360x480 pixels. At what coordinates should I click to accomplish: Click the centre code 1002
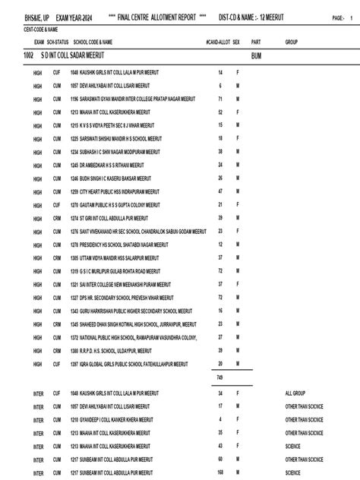(x=28, y=56)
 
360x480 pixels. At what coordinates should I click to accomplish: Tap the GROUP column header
(x=291, y=43)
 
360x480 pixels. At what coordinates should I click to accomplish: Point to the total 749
(x=219, y=377)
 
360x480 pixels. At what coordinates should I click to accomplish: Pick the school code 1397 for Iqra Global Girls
(x=74, y=363)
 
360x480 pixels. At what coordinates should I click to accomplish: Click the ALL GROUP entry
(x=295, y=393)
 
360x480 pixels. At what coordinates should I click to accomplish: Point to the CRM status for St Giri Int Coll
(x=56, y=217)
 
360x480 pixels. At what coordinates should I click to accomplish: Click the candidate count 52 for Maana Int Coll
(x=219, y=112)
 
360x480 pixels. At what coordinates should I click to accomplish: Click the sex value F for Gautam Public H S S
(x=238, y=204)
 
